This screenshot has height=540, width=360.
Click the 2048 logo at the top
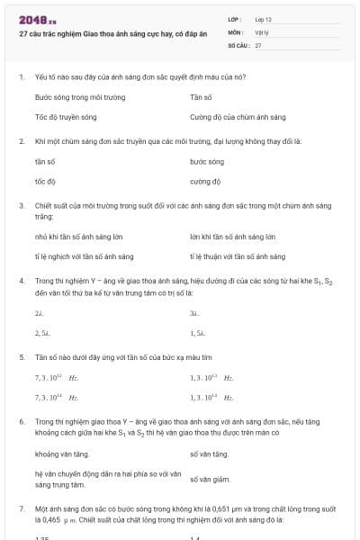click(37, 20)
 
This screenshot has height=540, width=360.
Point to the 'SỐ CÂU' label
click(238, 44)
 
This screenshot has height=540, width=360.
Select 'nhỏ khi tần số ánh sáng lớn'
click(78, 237)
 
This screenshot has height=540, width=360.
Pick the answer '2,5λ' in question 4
click(41, 332)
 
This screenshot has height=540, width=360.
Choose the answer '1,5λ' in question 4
click(198, 332)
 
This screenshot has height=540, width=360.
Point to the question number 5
click(21, 356)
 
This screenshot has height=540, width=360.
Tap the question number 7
click(21, 508)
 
